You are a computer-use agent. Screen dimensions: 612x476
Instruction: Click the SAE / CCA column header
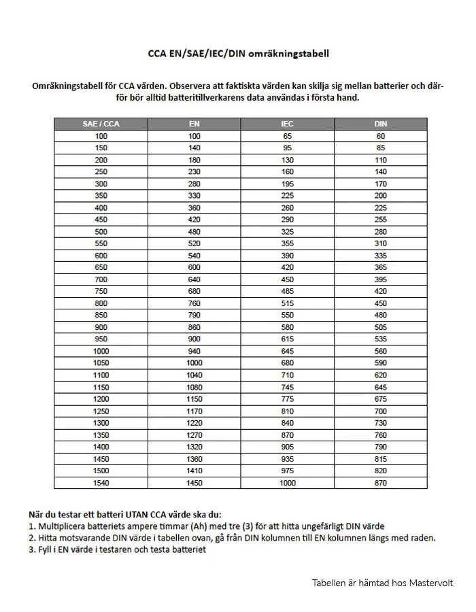point(101,124)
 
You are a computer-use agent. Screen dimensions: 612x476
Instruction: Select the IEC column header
point(287,124)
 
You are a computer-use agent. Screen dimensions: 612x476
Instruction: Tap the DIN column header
point(381,124)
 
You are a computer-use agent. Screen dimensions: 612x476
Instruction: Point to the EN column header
point(194,124)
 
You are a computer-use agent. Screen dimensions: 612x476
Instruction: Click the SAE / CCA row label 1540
point(101,483)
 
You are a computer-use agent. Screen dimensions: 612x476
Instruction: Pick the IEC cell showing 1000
point(287,483)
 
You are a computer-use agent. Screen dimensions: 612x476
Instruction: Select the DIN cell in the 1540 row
point(381,483)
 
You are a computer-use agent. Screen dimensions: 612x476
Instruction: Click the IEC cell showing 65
point(287,136)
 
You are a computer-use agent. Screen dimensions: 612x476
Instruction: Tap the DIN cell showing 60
point(381,136)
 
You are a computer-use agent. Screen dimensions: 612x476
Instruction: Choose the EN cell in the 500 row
point(194,231)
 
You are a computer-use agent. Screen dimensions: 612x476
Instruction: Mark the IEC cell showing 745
point(287,387)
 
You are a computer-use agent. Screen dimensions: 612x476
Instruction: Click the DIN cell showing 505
point(381,327)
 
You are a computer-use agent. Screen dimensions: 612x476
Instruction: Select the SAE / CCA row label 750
point(101,291)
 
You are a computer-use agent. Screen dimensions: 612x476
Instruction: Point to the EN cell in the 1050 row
point(194,363)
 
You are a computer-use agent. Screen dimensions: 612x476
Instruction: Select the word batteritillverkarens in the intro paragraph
point(197,97)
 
